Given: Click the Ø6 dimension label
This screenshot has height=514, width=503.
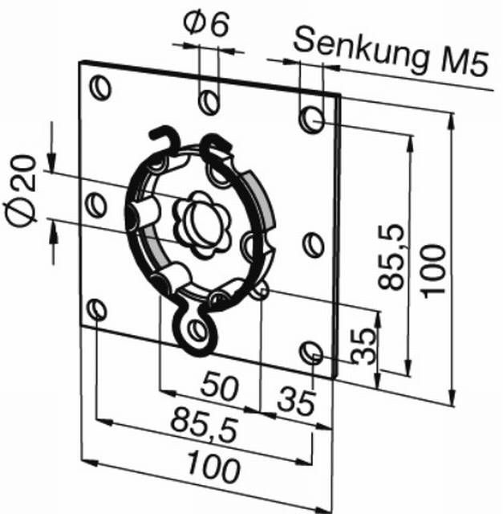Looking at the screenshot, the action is click(x=205, y=24).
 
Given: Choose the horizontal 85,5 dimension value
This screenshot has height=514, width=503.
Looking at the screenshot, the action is click(x=204, y=425).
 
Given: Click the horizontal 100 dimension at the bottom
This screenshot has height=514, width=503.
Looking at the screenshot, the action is click(x=213, y=466).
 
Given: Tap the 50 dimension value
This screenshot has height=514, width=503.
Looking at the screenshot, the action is click(x=219, y=387).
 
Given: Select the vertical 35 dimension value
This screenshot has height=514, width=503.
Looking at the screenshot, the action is click(x=363, y=346).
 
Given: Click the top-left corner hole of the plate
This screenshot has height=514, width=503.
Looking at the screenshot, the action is click(x=100, y=88).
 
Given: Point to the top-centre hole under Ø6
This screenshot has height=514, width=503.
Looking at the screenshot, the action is click(x=209, y=102).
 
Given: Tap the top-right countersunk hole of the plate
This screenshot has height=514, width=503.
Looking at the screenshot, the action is click(x=312, y=120).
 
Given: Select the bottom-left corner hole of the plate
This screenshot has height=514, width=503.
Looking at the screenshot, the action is click(x=97, y=309).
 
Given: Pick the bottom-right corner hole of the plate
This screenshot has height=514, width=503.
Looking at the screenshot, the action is click(x=311, y=353).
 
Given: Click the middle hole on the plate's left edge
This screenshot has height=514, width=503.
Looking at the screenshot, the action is click(x=95, y=205).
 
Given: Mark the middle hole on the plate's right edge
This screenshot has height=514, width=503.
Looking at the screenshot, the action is click(x=312, y=244).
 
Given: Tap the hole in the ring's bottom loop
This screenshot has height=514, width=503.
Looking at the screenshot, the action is click(x=197, y=330).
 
